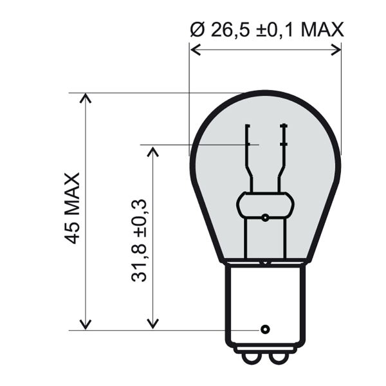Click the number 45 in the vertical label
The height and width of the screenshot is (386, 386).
(x=72, y=233)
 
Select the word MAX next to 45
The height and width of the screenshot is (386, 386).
(x=72, y=196)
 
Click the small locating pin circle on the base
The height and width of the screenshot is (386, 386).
(x=264, y=329)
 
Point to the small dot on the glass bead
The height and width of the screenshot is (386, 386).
(x=264, y=217)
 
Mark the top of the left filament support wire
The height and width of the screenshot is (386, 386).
(x=246, y=124)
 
